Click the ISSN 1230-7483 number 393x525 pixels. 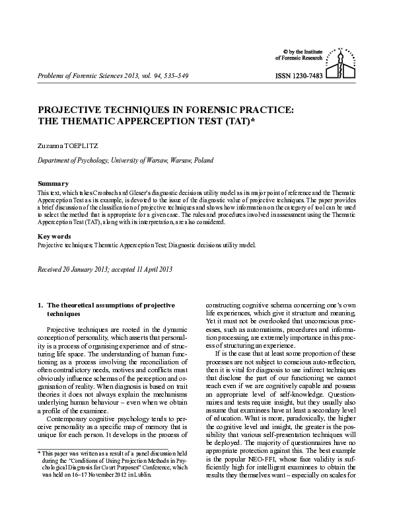click(x=298, y=77)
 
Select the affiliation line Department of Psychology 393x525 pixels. click(x=69, y=161)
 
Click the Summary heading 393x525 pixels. click(x=53, y=183)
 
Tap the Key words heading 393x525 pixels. click(x=55, y=236)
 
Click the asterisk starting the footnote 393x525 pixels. click(x=38, y=471)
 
